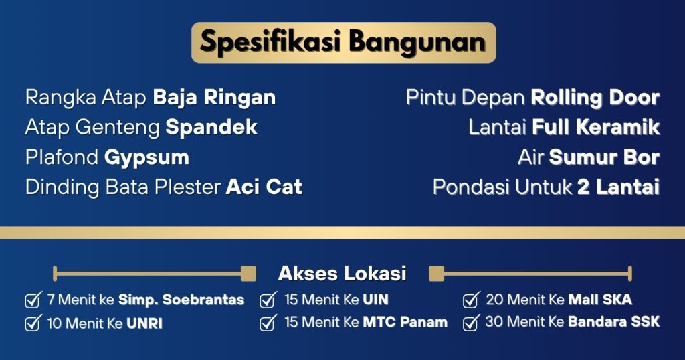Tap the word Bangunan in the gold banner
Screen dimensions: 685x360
click(417, 42)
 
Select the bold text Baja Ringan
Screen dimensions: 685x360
click(215, 98)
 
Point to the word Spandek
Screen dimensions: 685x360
click(211, 127)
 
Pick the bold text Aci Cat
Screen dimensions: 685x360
click(264, 187)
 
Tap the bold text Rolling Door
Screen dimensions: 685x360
click(595, 98)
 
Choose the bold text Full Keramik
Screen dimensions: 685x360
click(596, 127)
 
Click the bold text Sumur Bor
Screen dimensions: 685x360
click(604, 157)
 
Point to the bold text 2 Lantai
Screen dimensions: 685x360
click(618, 187)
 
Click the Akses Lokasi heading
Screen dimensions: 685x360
click(342, 274)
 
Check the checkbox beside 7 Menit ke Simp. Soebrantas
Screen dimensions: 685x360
click(33, 300)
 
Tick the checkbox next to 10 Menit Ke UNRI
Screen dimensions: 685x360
click(33, 323)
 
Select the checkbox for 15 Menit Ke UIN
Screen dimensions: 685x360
click(268, 300)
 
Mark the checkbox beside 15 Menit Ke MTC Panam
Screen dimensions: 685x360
click(268, 323)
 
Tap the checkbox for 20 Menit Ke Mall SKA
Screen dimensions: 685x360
click(472, 300)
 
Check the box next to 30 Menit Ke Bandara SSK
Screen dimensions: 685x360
click(472, 323)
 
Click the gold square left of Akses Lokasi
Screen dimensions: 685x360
click(249, 274)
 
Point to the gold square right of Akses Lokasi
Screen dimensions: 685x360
click(436, 274)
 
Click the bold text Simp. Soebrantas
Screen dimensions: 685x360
click(181, 300)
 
